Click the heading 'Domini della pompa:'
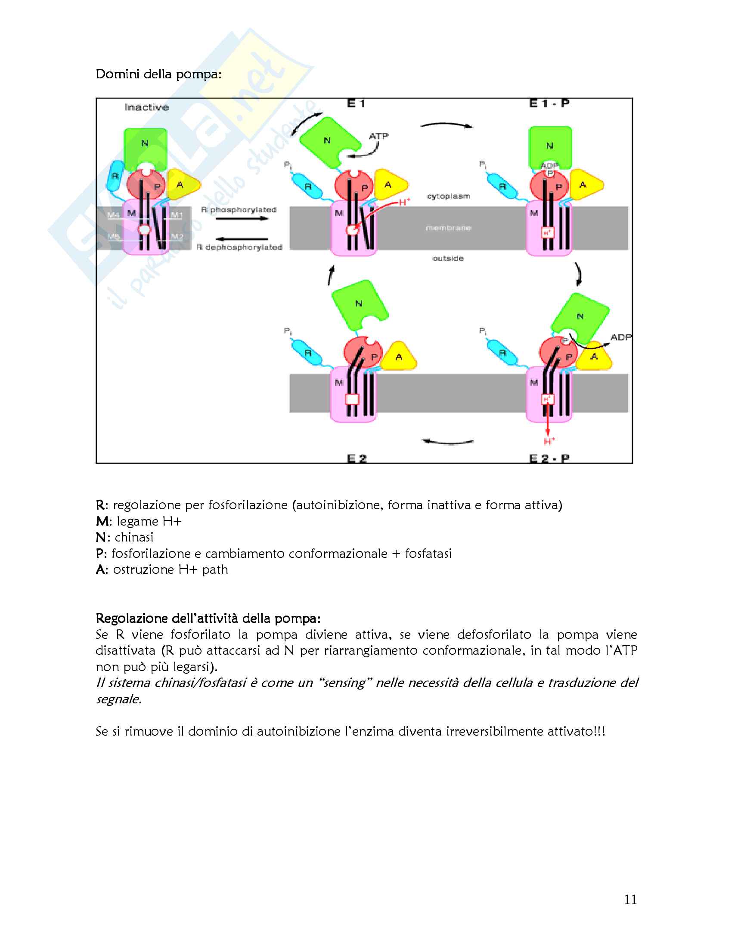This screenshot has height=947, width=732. coord(159,74)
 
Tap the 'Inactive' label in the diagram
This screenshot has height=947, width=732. coord(146,107)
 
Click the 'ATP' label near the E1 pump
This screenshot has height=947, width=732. coord(378,136)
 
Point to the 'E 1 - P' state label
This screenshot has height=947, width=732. coord(549,103)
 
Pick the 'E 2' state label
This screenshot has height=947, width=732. coord(357,458)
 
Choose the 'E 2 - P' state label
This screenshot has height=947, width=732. coord(549,458)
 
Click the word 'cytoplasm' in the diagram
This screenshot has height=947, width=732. coord(448,196)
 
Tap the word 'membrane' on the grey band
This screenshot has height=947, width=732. coord(448,228)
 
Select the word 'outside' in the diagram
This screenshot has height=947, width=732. coord(448,258)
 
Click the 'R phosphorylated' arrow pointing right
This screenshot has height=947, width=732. coord(242,219)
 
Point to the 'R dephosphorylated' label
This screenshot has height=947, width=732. coord(239,247)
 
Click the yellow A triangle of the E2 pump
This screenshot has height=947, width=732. coord(399,357)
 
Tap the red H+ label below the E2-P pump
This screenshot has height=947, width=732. coord(549,441)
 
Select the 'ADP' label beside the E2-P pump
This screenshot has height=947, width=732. coord(621,337)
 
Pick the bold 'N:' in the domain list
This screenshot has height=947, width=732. coord(103,538)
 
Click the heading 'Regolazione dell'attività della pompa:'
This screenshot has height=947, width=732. coord(208,618)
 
